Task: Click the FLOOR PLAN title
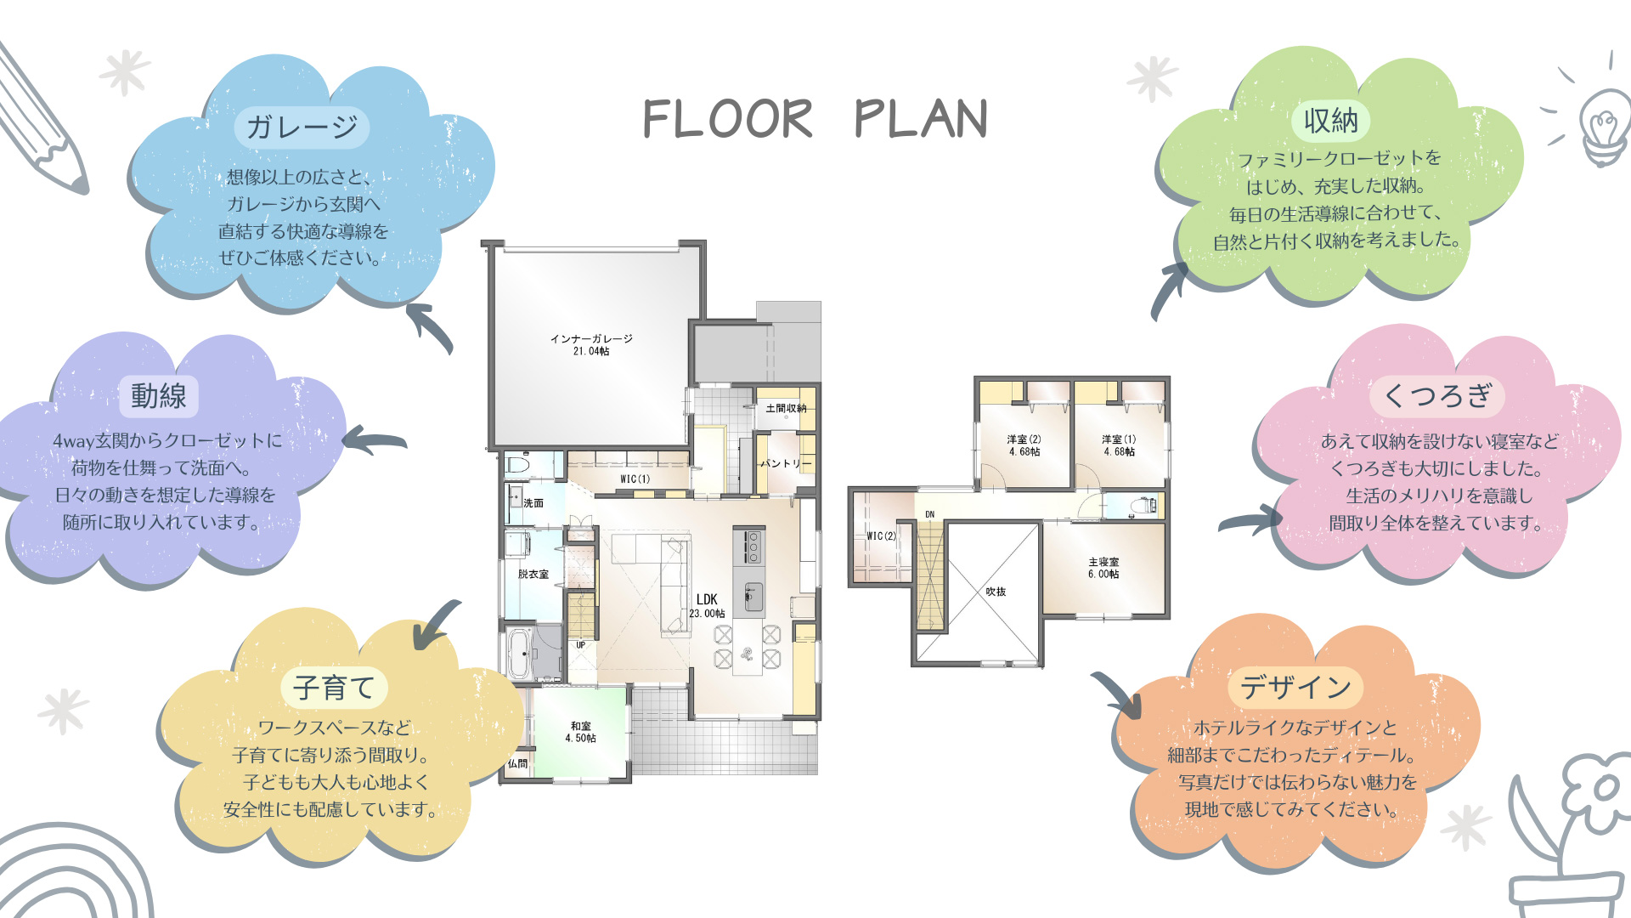[x=815, y=118]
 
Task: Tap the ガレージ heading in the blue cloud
[x=302, y=127]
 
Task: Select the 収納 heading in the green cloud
[x=1331, y=121]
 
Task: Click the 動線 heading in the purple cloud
[x=159, y=395]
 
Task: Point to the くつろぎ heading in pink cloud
[x=1437, y=395]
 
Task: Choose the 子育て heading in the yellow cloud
[x=334, y=687]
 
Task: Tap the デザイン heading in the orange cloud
[x=1295, y=687]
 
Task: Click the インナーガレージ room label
[x=591, y=344]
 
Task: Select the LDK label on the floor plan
[x=707, y=605]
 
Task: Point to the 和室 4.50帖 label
[x=581, y=732]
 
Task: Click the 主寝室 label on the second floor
[x=1103, y=568]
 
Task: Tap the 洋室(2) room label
[x=1024, y=445]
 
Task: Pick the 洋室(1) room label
[x=1119, y=445]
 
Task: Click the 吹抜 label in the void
[x=996, y=592]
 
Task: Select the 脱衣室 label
[x=533, y=575]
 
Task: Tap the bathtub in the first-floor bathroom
[x=519, y=653]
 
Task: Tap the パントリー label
[x=786, y=463]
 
